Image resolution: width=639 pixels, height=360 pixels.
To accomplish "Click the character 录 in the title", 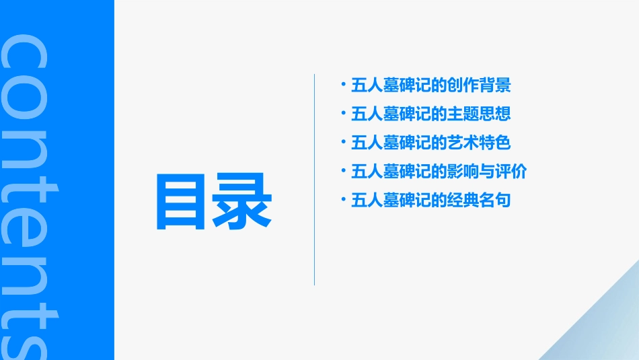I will (x=243, y=203).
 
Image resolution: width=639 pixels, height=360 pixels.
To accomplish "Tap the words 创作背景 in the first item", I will (x=479, y=86).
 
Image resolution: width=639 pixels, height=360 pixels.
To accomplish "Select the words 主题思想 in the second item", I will (x=479, y=114).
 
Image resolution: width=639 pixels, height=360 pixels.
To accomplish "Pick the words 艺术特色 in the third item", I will (x=479, y=143).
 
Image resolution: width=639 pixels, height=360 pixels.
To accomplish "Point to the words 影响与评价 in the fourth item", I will (x=487, y=172).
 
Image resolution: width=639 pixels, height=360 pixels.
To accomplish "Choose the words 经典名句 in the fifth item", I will (x=479, y=201).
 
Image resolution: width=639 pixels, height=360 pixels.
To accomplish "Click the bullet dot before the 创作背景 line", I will (x=344, y=85).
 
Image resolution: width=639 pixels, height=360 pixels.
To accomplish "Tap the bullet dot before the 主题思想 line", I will (x=344, y=113).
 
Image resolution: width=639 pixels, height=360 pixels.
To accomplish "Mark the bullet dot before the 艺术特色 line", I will (x=344, y=141).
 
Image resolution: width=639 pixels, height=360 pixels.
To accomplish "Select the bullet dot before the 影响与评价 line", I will (x=344, y=170).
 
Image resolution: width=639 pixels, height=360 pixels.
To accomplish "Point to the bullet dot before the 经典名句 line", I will (x=344, y=199).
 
